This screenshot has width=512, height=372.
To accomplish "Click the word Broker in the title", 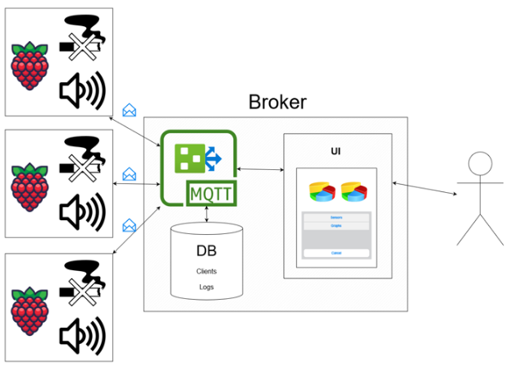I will [277, 103].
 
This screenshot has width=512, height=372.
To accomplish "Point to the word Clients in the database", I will [206, 270].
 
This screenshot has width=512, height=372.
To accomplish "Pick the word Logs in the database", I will [206, 286].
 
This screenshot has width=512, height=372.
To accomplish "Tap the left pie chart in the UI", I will [322, 191].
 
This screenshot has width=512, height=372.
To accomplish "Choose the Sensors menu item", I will [336, 217].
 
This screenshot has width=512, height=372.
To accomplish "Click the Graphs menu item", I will [336, 224].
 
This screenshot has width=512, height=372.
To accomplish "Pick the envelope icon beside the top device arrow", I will [129, 110].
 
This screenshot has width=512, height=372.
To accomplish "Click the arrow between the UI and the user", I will [424, 188].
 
